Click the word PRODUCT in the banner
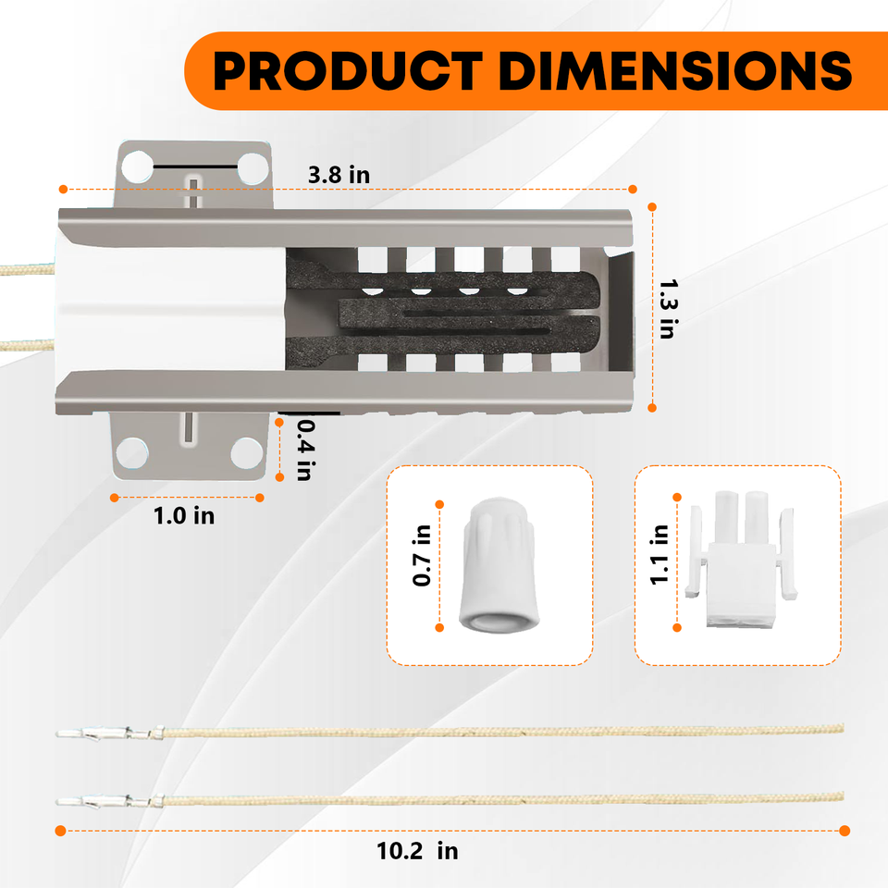pyautogui.click(x=348, y=71)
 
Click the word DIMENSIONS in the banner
pyautogui.click(x=675, y=71)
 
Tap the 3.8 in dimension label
pyautogui.click(x=339, y=175)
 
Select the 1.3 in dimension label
pyautogui.click(x=669, y=309)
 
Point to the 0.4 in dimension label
pyautogui.click(x=306, y=450)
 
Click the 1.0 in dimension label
pyautogui.click(x=184, y=516)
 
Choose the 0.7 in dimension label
pyautogui.click(x=422, y=555)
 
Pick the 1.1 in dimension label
pyautogui.click(x=660, y=555)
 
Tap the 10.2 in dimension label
pyautogui.click(x=417, y=851)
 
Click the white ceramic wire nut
pyautogui.click(x=499, y=564)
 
